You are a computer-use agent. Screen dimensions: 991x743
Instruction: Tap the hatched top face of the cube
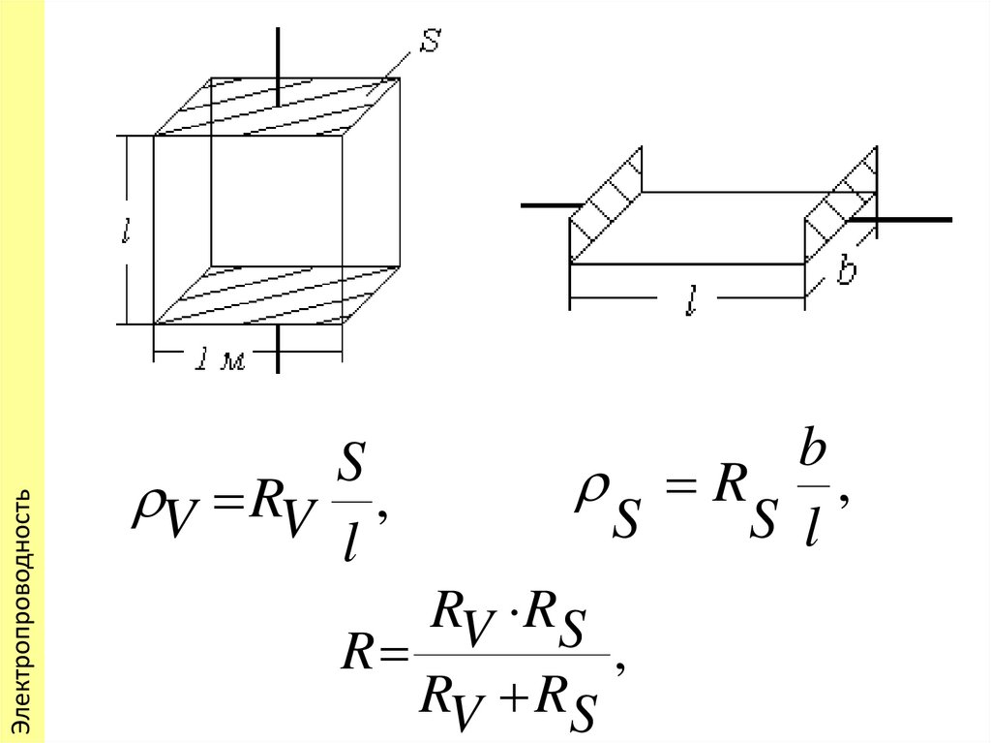(281, 107)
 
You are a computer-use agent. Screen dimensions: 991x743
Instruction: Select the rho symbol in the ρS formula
(587, 493)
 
